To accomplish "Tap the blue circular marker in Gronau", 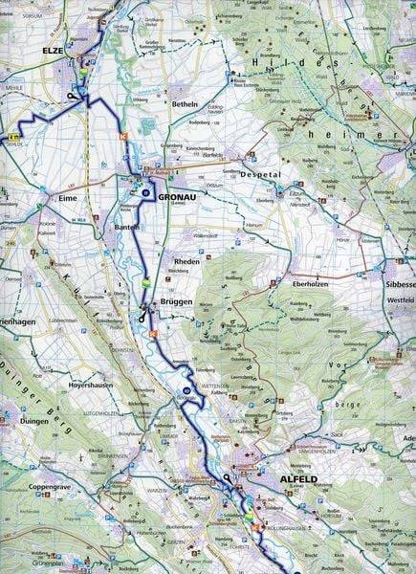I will (144, 192).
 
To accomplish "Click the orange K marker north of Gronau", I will (122, 136).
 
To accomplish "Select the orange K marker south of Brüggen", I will (151, 332).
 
